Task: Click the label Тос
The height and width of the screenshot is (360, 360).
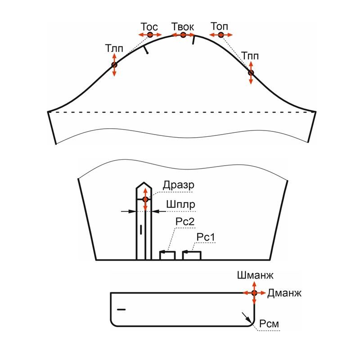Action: [x=149, y=27]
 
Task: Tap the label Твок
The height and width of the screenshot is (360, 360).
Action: [x=183, y=27]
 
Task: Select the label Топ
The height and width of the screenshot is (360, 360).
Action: [x=219, y=27]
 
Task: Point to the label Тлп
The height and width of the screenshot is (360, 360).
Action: [x=114, y=49]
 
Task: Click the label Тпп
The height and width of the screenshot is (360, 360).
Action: [x=250, y=56]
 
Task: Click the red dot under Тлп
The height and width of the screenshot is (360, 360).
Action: [x=114, y=65]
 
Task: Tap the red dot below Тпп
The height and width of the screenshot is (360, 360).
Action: [x=251, y=73]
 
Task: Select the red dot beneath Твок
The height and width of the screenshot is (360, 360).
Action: [x=183, y=35]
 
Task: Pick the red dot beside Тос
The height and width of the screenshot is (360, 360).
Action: [x=150, y=35]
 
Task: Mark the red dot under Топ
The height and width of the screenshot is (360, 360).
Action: [x=221, y=35]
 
